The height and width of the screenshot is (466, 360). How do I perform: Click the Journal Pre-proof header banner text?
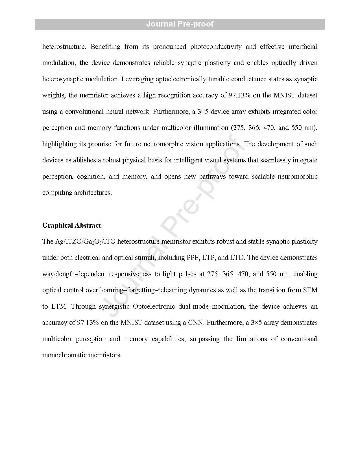coord(180,24)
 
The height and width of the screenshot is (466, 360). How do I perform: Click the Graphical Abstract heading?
coord(71,225)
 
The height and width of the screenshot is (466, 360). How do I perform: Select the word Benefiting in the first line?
coord(105,47)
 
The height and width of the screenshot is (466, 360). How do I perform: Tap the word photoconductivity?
coord(216,47)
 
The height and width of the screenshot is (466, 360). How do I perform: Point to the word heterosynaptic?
coord(62,79)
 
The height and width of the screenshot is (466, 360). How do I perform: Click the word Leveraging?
coord(138,79)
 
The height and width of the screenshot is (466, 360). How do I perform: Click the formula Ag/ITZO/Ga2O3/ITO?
coord(79,242)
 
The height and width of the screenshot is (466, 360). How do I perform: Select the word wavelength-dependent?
coord(74,274)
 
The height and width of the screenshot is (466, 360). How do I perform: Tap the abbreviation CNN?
coord(196,323)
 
